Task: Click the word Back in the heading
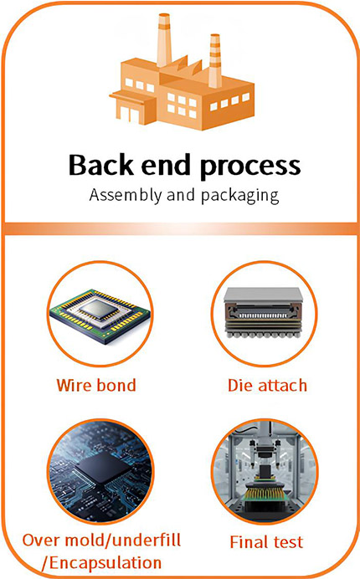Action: coord(101,165)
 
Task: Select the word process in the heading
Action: coord(250,167)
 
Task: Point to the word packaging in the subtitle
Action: coord(240,196)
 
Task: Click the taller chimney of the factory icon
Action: coord(164,40)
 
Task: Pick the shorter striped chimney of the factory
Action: coord(214,60)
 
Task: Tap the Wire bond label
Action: coord(96,385)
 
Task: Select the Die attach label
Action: coord(267,385)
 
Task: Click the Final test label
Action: coord(266,542)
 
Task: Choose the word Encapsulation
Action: coord(105,563)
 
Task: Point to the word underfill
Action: coord(146,540)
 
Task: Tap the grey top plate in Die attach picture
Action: coord(263,295)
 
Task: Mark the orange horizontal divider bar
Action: coord(180,229)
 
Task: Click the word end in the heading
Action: coord(167,165)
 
